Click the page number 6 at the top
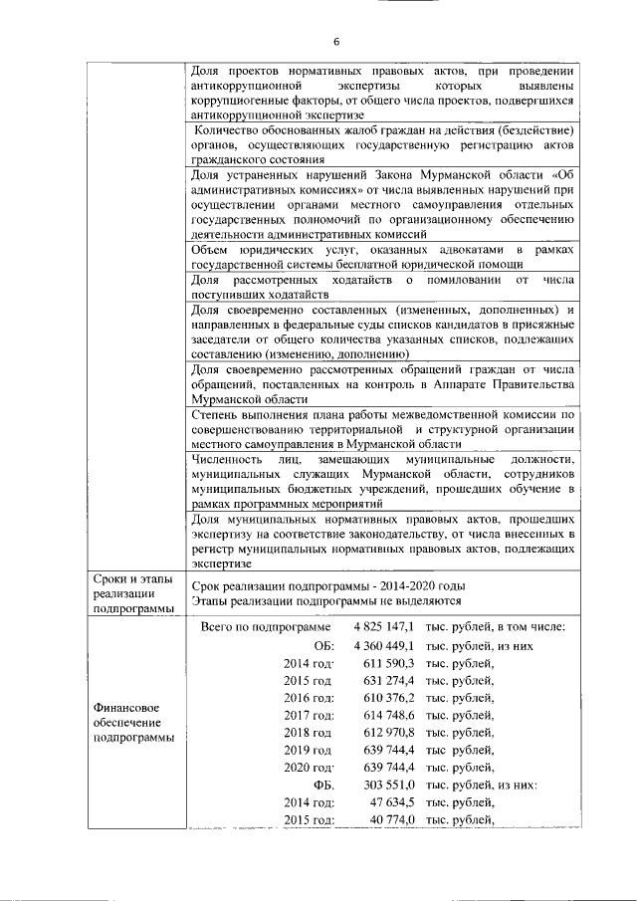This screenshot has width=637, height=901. click(x=335, y=41)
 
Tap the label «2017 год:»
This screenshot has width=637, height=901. click(x=309, y=715)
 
